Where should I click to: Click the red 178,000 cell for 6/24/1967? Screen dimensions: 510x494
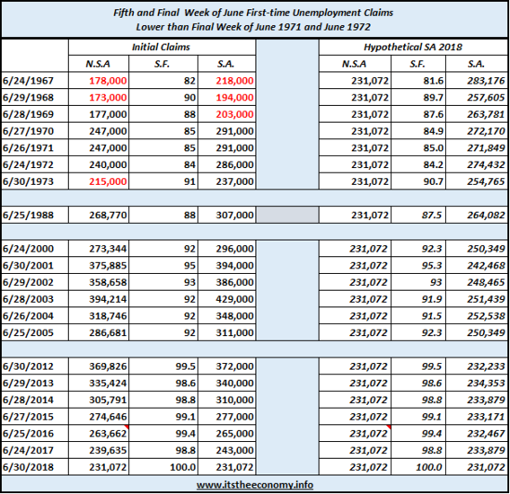coord(108,81)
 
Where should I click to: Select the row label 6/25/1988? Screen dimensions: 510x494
coord(28,215)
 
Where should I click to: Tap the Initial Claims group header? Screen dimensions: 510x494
coord(161,48)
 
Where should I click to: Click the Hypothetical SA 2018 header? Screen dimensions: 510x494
coord(413,48)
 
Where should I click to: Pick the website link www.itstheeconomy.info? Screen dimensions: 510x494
coord(255,485)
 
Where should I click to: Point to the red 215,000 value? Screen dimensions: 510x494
coord(108,181)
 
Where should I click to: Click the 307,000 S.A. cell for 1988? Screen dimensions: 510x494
coord(234,215)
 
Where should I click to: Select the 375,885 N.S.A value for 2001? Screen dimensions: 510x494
coord(108,266)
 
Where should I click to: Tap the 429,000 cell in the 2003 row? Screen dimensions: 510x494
coord(234,299)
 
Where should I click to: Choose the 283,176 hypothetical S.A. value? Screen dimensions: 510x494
coord(486,81)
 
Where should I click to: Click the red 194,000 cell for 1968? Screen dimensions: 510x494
coord(234,98)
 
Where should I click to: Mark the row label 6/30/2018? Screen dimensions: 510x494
coord(28,467)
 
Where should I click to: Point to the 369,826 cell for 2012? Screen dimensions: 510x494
coord(108,366)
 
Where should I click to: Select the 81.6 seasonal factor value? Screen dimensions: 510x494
coord(434,81)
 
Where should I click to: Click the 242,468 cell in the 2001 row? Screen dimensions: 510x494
coord(486,266)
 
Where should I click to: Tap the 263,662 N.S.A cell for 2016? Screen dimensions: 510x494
coord(108,434)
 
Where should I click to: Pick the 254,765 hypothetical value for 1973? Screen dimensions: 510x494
coord(486,181)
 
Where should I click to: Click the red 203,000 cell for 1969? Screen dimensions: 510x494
coord(234,115)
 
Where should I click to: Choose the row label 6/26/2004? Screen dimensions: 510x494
coord(28,316)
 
